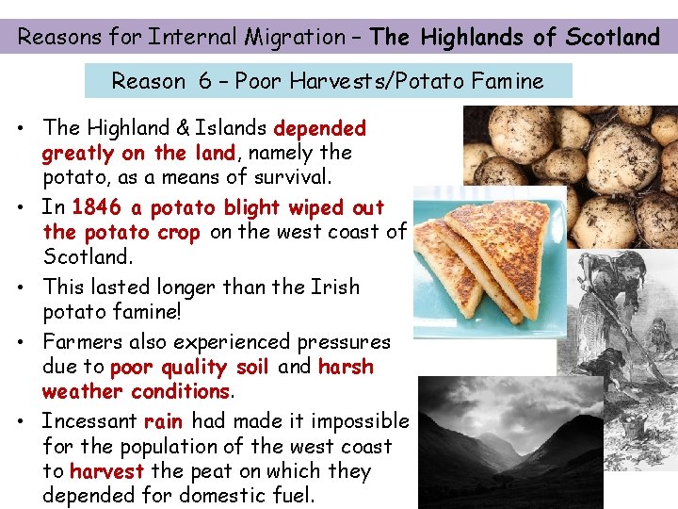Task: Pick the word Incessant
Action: coord(89,421)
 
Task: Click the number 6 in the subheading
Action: coord(204,81)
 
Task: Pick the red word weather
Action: coord(83,391)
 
